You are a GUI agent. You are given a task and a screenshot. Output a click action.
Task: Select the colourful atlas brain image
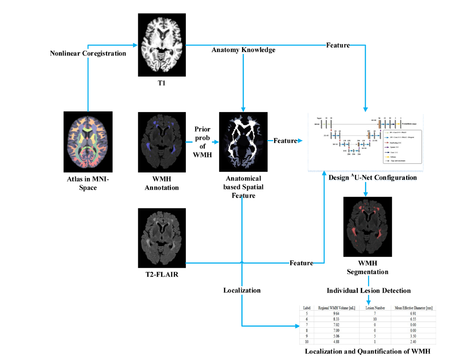coord(88,142)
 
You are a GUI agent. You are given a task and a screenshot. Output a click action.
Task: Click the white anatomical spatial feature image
coord(244,142)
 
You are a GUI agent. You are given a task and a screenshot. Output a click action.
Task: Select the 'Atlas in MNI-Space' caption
coord(87,182)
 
